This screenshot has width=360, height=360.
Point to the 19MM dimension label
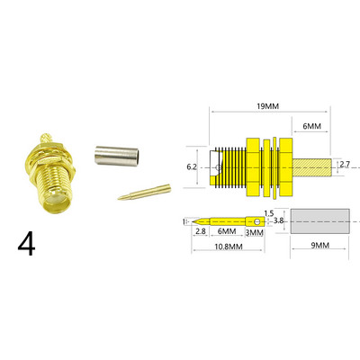click(x=268, y=106)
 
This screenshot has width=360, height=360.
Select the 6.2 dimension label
click(x=193, y=166)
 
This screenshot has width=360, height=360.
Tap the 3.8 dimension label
click(x=278, y=221)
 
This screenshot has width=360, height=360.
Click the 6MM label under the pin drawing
click(x=228, y=231)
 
